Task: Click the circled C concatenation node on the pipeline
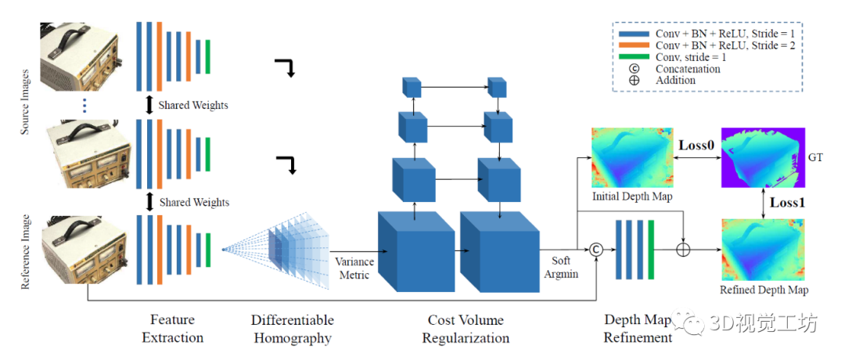(597, 250)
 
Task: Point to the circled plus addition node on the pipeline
(684, 250)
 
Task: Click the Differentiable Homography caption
(292, 329)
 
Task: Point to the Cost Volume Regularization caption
(466, 329)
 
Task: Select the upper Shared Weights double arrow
(149, 104)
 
